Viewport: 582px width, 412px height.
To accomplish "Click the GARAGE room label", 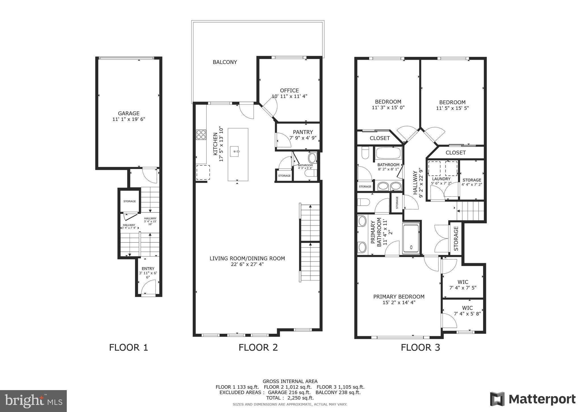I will (x=129, y=113).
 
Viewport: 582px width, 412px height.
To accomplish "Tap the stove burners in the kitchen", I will (x=201, y=135).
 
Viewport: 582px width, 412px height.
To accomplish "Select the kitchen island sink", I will (x=235, y=151).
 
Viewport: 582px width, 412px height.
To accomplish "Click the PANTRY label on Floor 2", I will (x=303, y=132).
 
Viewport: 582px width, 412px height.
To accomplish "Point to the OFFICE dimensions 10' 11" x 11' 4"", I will (x=289, y=96).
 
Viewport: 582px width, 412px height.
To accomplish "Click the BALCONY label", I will (x=225, y=62).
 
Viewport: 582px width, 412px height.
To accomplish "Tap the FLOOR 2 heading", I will (x=258, y=347).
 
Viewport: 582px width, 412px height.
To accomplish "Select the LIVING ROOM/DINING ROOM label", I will (x=247, y=258).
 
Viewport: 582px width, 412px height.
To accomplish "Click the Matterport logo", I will (x=533, y=399).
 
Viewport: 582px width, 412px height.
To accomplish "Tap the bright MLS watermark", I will (x=33, y=401).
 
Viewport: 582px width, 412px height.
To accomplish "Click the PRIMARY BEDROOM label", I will (x=399, y=296).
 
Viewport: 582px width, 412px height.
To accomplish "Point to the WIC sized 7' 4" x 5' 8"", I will (x=467, y=311).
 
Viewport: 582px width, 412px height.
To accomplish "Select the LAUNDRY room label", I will (x=441, y=179).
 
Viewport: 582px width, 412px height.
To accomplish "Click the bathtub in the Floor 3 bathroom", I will (x=388, y=153).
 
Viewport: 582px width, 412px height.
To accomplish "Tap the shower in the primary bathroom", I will (x=411, y=238).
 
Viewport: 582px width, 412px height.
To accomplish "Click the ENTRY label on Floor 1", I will (x=148, y=268).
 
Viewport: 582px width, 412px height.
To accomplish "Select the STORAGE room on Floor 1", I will (x=130, y=201).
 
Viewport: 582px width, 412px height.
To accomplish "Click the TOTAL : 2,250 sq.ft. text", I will (x=290, y=398).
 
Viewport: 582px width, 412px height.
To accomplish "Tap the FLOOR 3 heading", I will (x=420, y=347).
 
